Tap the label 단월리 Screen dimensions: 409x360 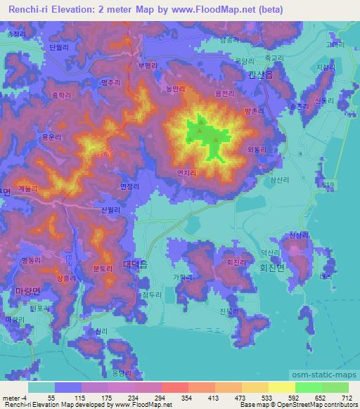tap(58, 47)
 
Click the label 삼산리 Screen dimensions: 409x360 tap(279, 181)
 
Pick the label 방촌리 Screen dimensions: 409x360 tap(252, 111)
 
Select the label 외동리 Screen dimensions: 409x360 tap(257, 149)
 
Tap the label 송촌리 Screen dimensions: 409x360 tap(299, 105)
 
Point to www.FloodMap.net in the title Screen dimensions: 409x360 tap(207, 8)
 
